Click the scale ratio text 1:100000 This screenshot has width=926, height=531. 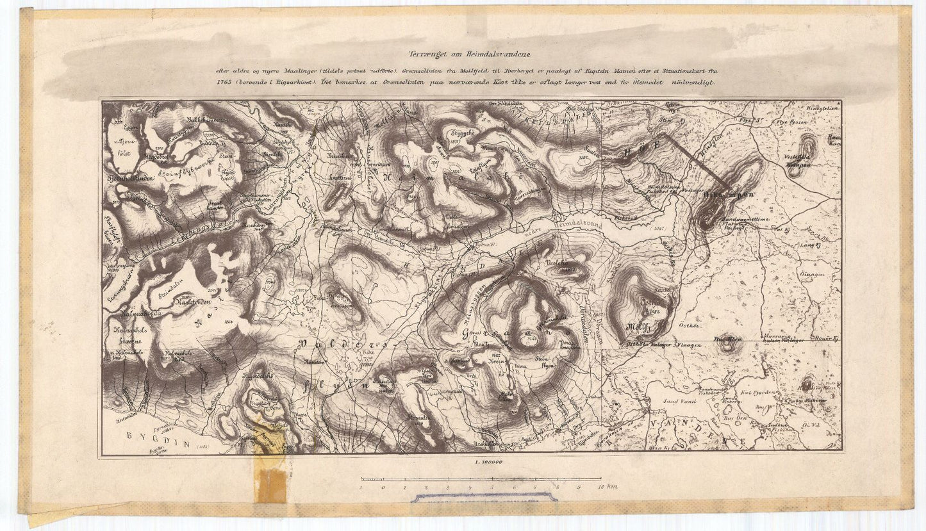click(x=488, y=462)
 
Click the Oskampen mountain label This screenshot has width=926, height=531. click(x=724, y=193)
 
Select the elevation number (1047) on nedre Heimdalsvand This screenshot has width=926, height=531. click(x=657, y=228)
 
